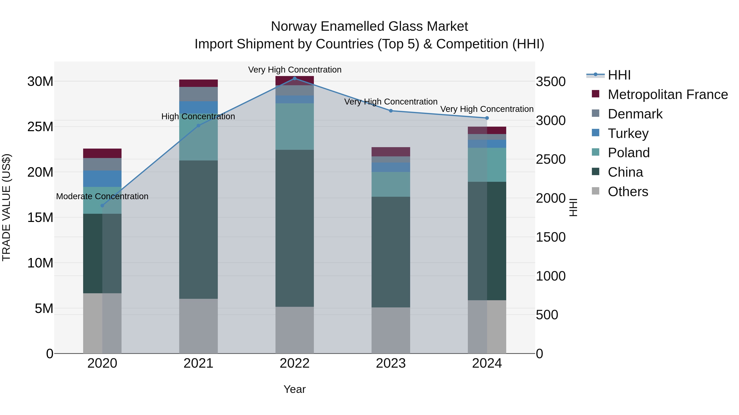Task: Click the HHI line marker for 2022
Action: (x=295, y=78)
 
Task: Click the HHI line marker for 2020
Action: (x=102, y=205)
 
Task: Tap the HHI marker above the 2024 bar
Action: (x=487, y=118)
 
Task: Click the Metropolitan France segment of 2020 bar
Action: (x=102, y=153)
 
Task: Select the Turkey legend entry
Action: (x=628, y=133)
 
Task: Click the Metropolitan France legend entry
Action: (x=667, y=94)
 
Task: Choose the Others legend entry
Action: (x=628, y=192)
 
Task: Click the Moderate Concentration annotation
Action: (x=102, y=197)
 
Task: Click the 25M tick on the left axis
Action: (x=40, y=127)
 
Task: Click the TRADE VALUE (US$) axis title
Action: (x=6, y=207)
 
